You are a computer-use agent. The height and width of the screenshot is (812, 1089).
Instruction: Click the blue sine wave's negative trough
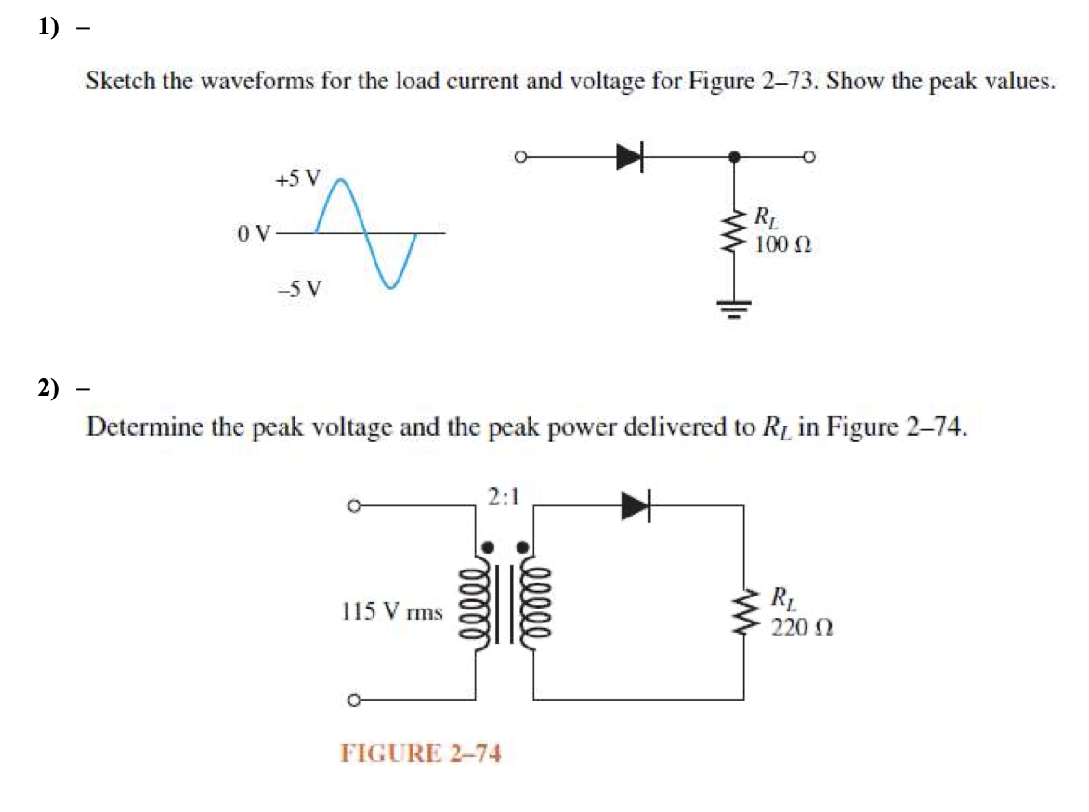[391, 285]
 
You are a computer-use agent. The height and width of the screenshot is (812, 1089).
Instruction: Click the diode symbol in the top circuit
[630, 158]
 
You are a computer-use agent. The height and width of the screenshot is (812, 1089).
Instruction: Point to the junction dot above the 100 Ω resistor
[737, 158]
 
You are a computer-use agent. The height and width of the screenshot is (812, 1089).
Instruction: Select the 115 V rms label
[391, 611]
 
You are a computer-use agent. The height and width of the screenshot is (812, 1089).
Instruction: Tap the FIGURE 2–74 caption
[421, 753]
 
